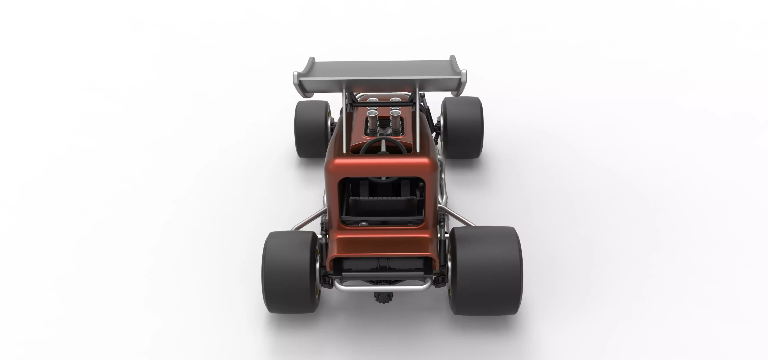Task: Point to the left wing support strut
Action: [x=345, y=122]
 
